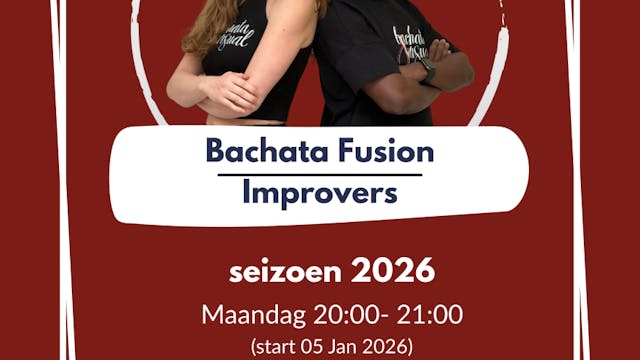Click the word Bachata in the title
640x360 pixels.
254,152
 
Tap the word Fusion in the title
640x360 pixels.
385,152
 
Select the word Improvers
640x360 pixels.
320,192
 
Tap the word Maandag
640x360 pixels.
245,314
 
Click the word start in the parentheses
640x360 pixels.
276,348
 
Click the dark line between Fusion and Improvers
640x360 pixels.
320,173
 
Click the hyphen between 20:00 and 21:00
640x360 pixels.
375,315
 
